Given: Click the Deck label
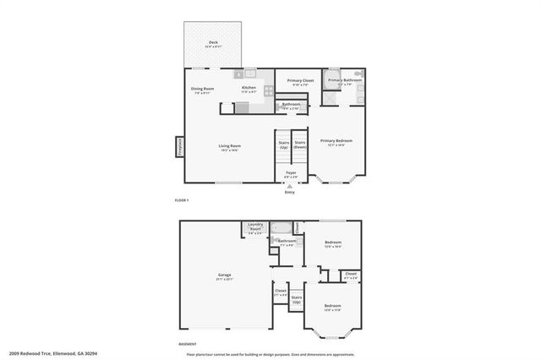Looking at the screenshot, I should coord(212,44).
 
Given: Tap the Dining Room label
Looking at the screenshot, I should coord(202,90).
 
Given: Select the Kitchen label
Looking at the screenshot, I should coord(249,89).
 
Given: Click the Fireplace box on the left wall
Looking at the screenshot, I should coord(179,148).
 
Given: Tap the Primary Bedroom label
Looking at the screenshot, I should coord(336,142).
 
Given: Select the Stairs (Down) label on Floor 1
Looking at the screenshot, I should coord(299,145).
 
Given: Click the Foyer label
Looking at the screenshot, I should coord(290,173).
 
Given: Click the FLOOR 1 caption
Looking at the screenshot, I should coord(182,200).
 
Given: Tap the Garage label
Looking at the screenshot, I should coord(225,275).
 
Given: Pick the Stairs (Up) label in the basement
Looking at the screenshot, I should coord(297,299).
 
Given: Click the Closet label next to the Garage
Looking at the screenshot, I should coord(281,292).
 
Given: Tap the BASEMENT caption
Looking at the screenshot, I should coord(188,344).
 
